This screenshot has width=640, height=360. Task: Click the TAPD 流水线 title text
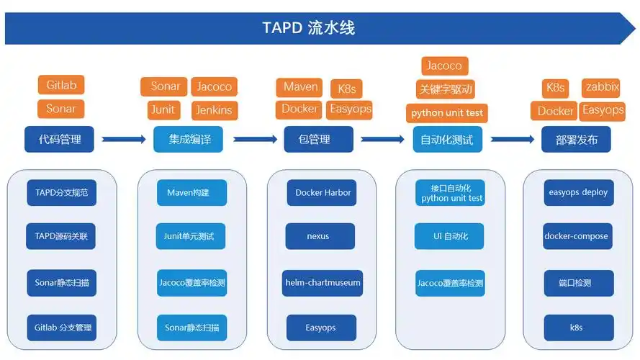309,28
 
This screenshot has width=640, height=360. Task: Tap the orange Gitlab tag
61,85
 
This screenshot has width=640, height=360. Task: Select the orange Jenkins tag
214,110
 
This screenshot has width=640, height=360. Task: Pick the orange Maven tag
300,87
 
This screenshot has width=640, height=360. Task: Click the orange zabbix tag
602,87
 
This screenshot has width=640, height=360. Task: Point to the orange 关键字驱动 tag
446,89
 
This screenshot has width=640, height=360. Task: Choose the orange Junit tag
163,109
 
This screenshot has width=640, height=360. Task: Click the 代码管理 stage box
60,140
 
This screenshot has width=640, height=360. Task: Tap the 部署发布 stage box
576,140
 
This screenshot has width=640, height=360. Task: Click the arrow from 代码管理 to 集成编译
125,140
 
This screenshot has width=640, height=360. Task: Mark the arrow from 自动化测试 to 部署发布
513,140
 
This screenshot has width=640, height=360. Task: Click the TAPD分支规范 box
61,193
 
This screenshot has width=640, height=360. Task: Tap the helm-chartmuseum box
321,283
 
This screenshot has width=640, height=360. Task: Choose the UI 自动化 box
449,236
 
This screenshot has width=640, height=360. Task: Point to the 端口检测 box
578,283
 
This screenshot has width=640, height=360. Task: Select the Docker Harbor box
321,193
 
